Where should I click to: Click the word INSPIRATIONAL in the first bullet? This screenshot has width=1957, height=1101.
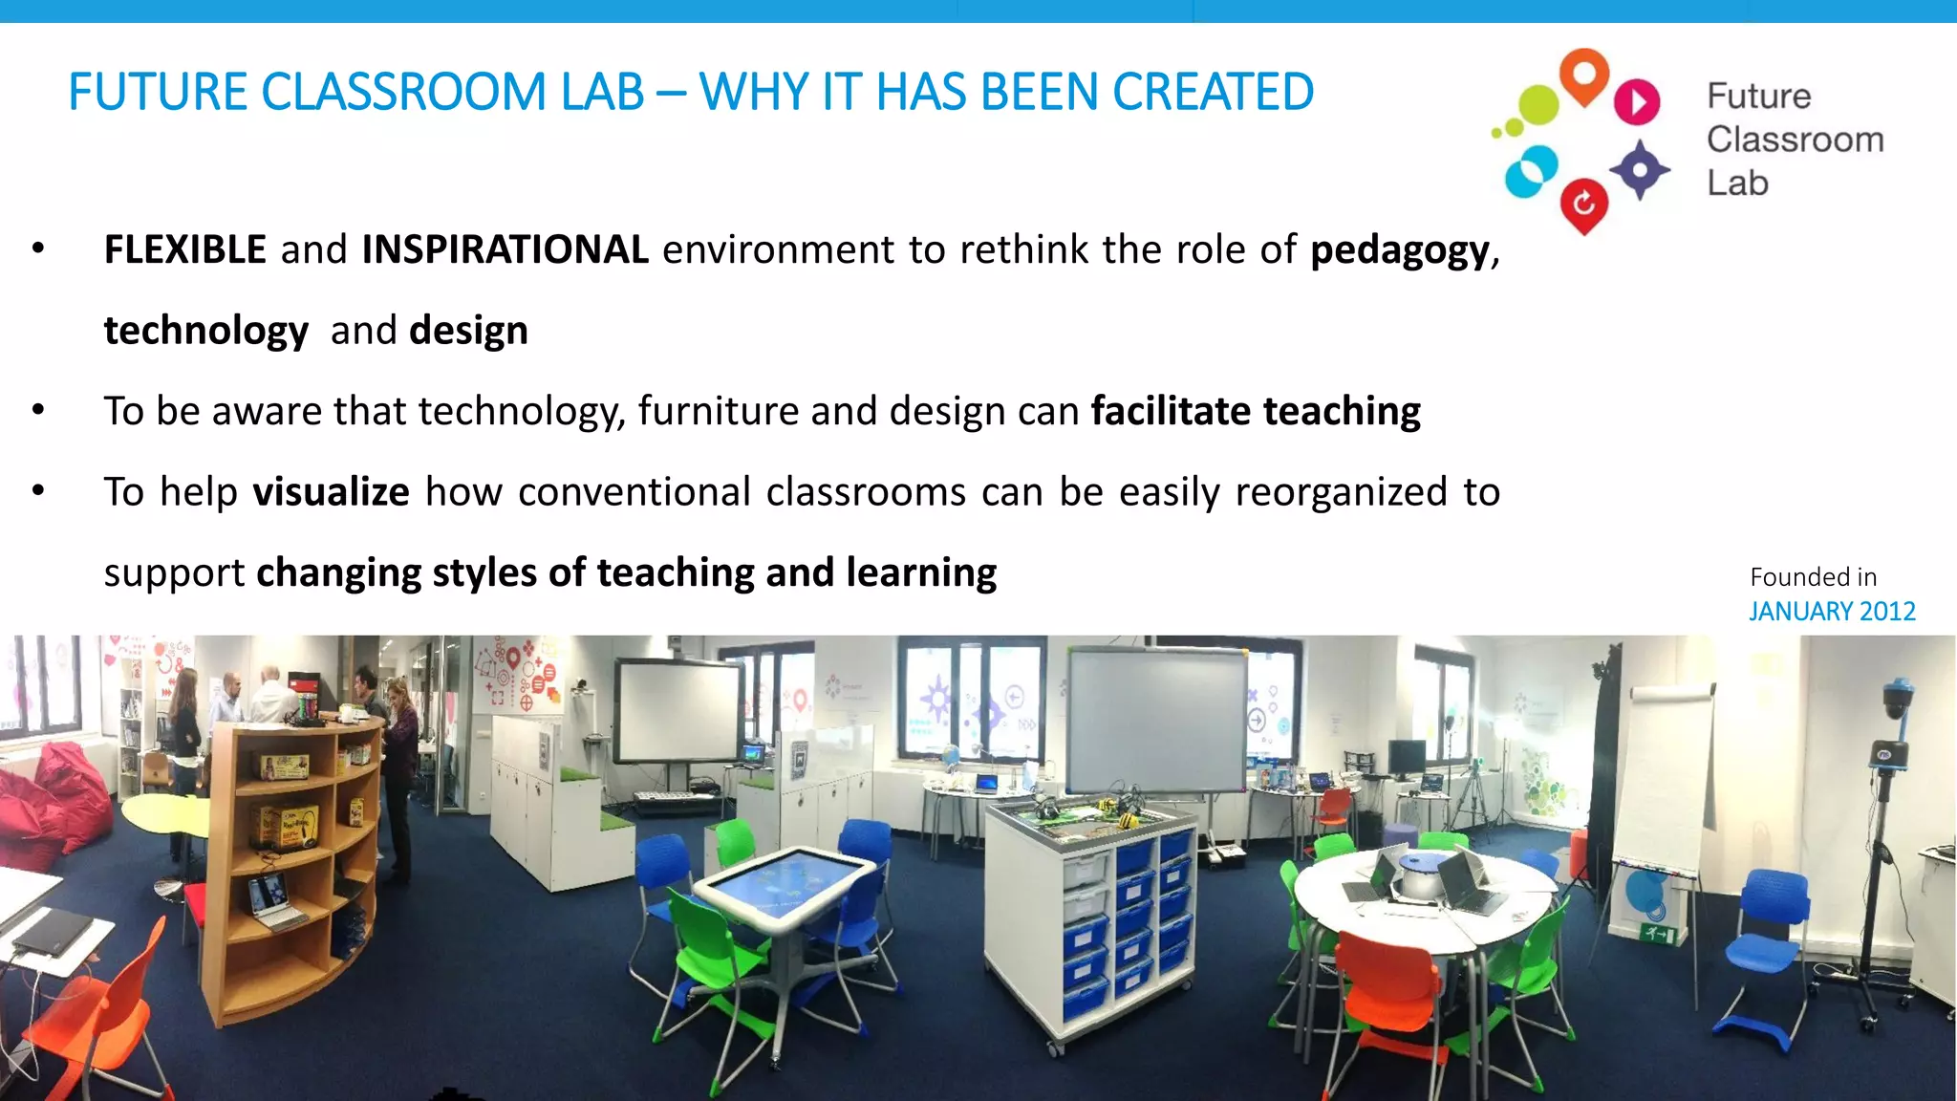(x=505, y=249)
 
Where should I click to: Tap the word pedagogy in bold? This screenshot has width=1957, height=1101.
(x=1400, y=250)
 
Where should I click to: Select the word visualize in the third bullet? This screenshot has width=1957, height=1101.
(x=331, y=492)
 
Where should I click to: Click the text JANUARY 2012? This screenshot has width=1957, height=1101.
(x=1832, y=611)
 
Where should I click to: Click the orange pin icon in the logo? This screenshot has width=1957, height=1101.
(x=1583, y=76)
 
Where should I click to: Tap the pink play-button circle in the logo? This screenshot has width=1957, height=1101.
(x=1637, y=101)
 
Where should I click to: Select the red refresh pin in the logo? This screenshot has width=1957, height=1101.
(x=1583, y=205)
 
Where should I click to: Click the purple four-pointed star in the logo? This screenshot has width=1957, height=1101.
(x=1640, y=170)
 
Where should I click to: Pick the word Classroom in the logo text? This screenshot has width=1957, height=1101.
(x=1795, y=140)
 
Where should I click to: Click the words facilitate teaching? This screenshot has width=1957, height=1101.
(x=1256, y=411)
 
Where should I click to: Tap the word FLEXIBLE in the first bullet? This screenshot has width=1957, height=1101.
(x=184, y=249)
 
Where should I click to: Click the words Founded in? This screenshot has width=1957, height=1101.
(x=1813, y=577)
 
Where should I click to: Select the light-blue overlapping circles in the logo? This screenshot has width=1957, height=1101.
(x=1531, y=172)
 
